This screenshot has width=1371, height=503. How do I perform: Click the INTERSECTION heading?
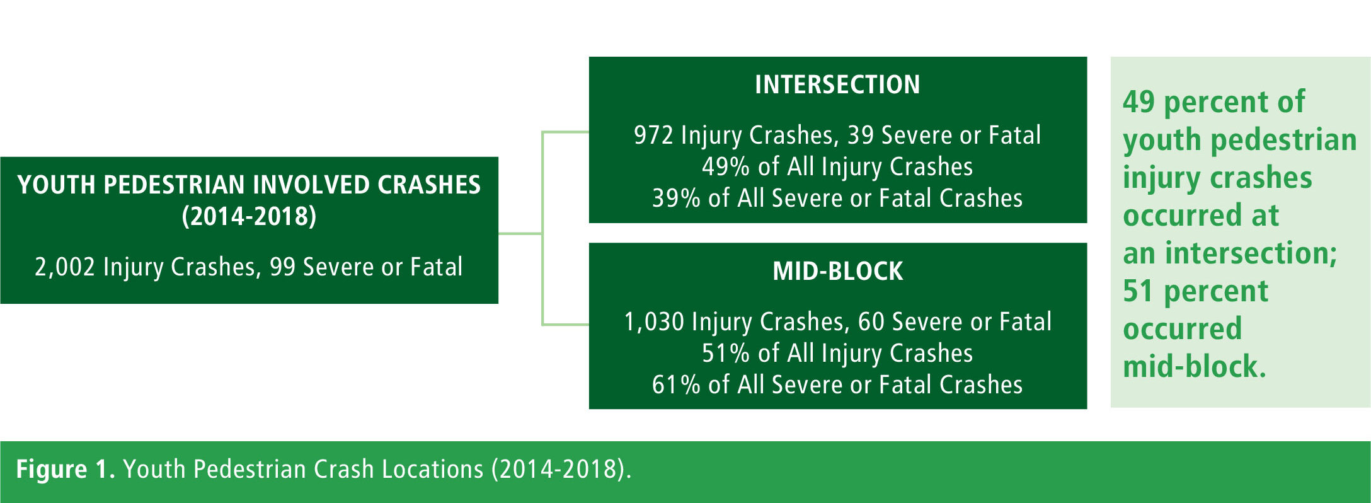click(x=837, y=84)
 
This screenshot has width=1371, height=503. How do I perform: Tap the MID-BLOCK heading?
click(x=838, y=271)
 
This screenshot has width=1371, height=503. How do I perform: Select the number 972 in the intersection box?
click(x=653, y=136)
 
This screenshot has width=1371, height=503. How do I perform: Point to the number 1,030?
click(x=654, y=322)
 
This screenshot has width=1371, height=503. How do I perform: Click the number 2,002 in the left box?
click(x=65, y=267)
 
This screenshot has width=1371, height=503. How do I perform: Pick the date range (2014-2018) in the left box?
click(x=249, y=216)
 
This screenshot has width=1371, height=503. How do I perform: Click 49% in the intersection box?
click(x=726, y=167)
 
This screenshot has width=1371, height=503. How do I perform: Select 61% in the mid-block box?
click(x=676, y=384)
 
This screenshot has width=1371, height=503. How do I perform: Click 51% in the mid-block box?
click(x=726, y=354)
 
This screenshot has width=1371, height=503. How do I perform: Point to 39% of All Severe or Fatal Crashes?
click(x=837, y=199)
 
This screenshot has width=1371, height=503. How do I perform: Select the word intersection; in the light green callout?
click(x=1251, y=253)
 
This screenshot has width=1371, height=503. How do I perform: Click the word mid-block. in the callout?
click(x=1195, y=367)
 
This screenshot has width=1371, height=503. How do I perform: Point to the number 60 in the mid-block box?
click(x=871, y=322)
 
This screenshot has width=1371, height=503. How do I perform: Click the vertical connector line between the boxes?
click(x=542, y=228)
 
